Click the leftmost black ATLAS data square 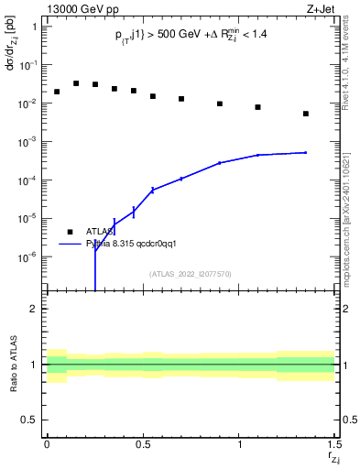(57, 92)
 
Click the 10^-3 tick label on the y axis (28, 142)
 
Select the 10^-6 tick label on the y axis (28, 257)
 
